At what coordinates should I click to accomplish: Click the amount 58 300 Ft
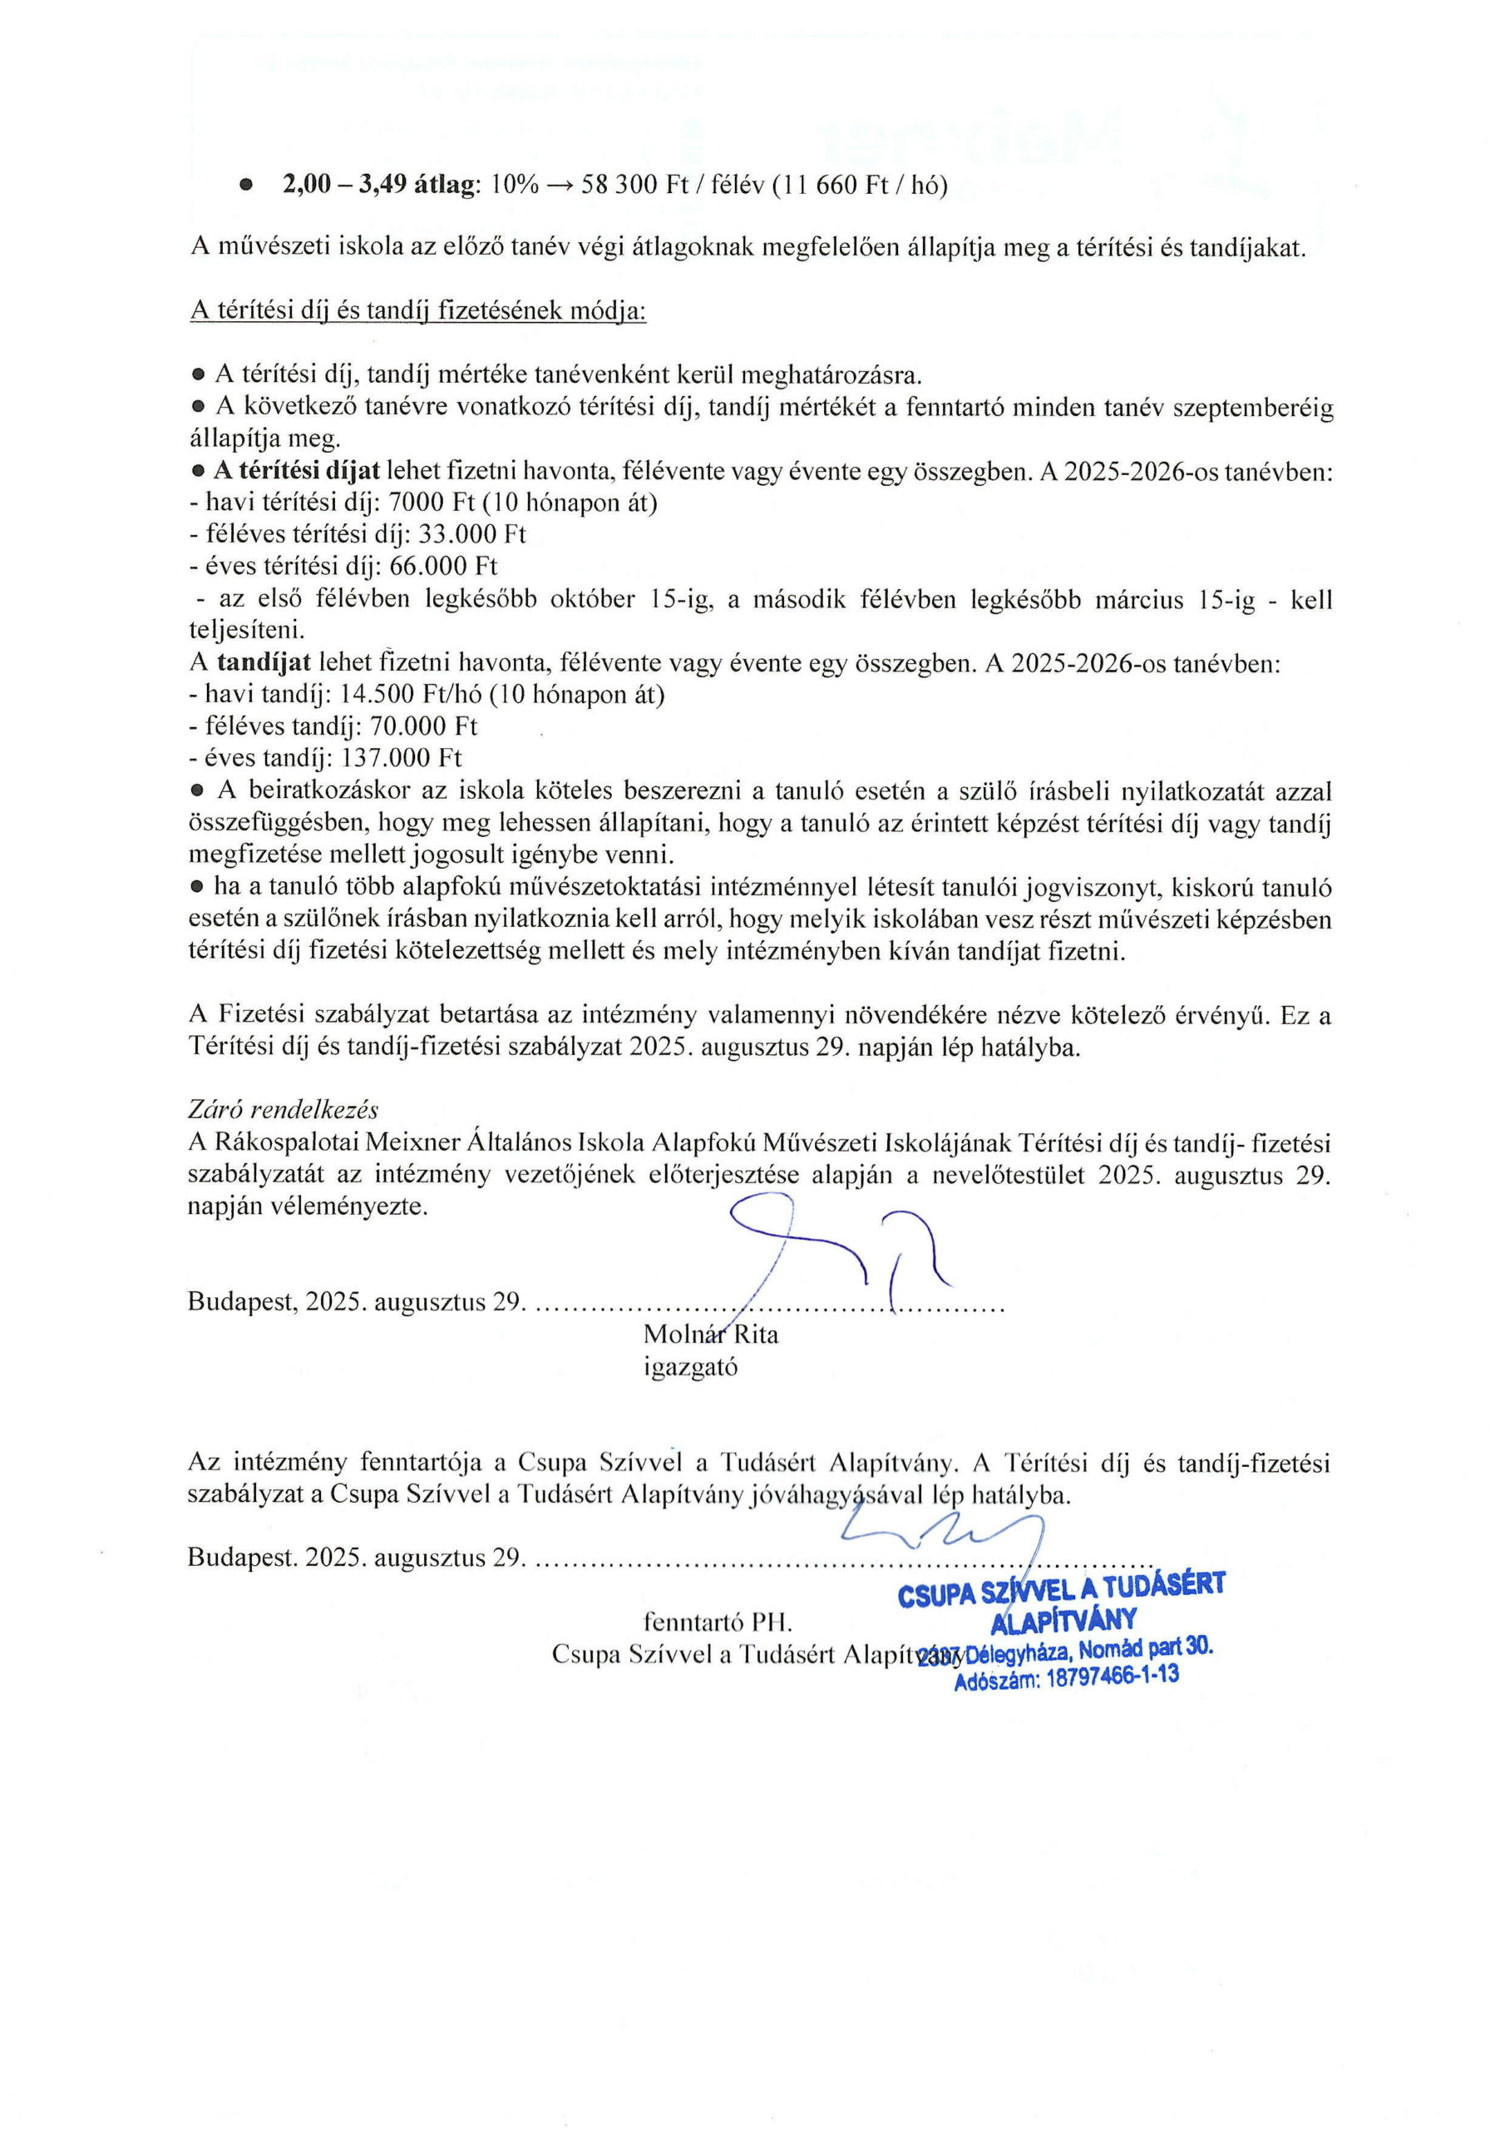click(x=620, y=186)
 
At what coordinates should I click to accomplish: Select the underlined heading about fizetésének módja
click(x=417, y=311)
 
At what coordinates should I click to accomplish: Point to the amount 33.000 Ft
click(x=481, y=534)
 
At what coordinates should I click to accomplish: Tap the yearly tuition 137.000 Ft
click(x=402, y=758)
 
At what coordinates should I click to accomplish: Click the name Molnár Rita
click(x=710, y=1334)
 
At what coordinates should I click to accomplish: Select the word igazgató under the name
click(x=691, y=1366)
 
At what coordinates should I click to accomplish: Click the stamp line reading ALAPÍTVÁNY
click(x=1063, y=1620)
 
